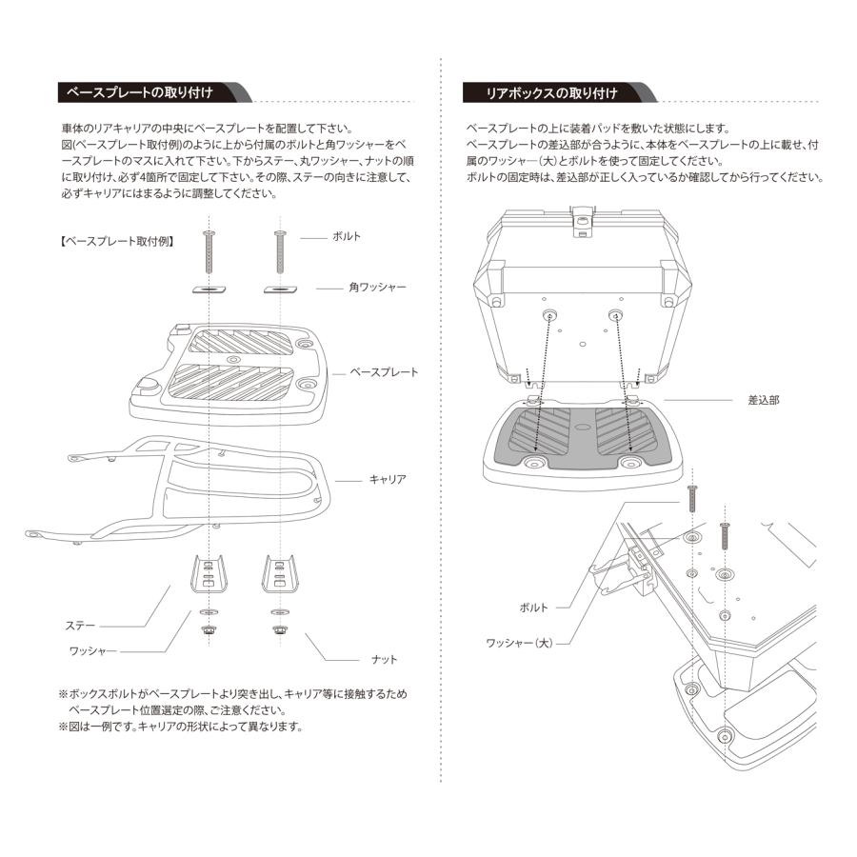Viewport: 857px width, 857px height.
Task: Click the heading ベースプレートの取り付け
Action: (x=135, y=92)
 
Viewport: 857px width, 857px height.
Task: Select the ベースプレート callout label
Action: (x=384, y=372)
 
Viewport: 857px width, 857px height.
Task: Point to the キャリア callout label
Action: (x=388, y=480)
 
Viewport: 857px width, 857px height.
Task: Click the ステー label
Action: (x=80, y=626)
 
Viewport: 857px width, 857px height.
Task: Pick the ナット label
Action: (x=385, y=659)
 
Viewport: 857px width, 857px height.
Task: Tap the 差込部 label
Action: (x=763, y=401)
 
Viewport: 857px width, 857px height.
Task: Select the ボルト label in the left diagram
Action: (x=346, y=236)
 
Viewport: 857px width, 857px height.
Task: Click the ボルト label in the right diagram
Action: (x=534, y=606)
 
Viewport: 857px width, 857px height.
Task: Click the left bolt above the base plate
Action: (x=209, y=251)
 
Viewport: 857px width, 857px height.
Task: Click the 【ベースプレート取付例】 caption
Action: (x=115, y=242)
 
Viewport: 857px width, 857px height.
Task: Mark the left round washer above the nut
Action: (x=208, y=610)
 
